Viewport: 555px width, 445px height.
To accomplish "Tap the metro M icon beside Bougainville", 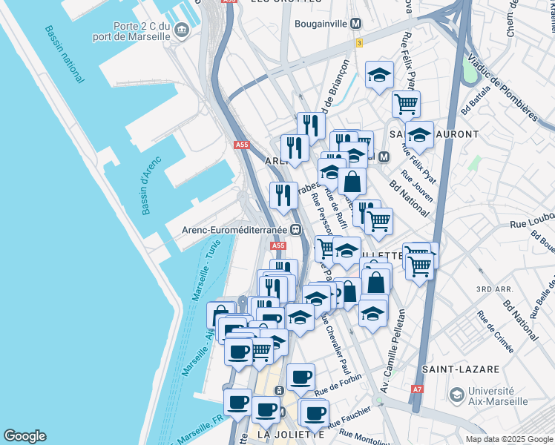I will tap(356, 24).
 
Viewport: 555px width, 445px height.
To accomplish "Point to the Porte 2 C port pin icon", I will tap(183, 30).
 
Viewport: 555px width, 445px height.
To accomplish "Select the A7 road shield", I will tap(417, 389).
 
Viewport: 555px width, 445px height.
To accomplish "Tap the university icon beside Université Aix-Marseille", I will tap(456, 396).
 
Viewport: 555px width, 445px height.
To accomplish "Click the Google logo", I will tap(24, 436).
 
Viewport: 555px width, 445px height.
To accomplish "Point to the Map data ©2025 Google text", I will tap(508, 439).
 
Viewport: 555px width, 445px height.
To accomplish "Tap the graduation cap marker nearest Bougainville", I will tap(379, 74).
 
